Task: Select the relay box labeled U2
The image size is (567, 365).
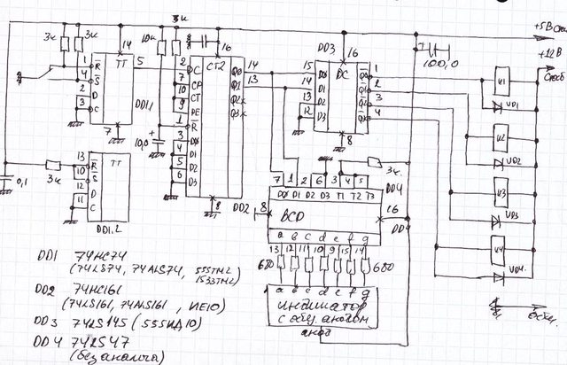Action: (501, 139)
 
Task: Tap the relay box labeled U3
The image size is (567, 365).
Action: (501, 192)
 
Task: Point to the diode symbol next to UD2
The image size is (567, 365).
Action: (499, 160)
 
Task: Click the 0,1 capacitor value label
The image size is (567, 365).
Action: (22, 182)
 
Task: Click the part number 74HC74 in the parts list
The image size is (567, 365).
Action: (84, 253)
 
